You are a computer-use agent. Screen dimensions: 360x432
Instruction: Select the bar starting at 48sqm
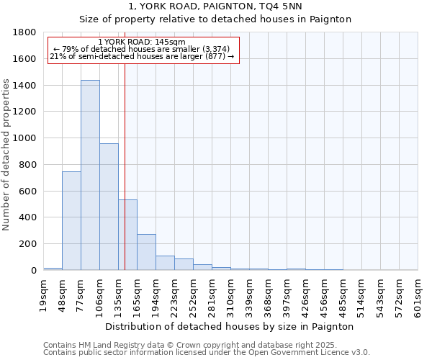point(71,220)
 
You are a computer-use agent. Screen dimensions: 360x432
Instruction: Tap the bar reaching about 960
point(109,207)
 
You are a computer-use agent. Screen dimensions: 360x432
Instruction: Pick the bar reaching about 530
point(127,235)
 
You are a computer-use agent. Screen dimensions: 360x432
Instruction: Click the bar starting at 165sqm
point(146,252)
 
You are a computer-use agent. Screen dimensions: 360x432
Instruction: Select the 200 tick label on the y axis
point(28,244)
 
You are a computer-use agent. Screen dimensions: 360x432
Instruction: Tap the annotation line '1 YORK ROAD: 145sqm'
point(142,42)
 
